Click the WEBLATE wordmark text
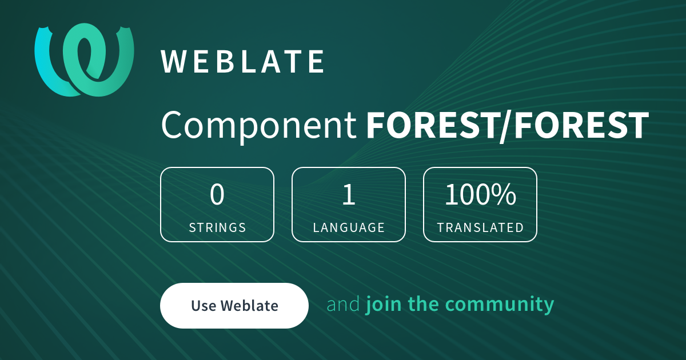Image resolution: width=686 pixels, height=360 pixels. point(242,62)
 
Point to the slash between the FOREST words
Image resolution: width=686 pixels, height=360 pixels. point(506,126)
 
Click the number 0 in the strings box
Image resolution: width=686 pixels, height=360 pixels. point(217,194)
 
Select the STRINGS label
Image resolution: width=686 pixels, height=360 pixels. point(217,227)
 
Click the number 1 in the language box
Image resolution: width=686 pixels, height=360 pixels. point(349,194)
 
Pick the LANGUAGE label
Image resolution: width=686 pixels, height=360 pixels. point(349,227)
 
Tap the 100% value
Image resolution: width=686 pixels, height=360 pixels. point(480,194)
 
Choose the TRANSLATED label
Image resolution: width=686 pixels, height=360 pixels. point(480,227)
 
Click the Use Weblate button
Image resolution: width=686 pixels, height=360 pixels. point(234,306)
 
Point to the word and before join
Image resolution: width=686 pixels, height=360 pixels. point(343,304)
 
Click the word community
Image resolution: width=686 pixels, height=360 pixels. point(500,305)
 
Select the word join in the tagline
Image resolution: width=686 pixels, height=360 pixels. point(384,305)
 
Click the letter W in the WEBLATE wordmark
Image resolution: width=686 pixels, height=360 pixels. point(173,62)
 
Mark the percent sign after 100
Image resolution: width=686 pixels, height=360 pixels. point(505,194)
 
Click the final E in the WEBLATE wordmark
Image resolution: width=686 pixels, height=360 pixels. point(316,62)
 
